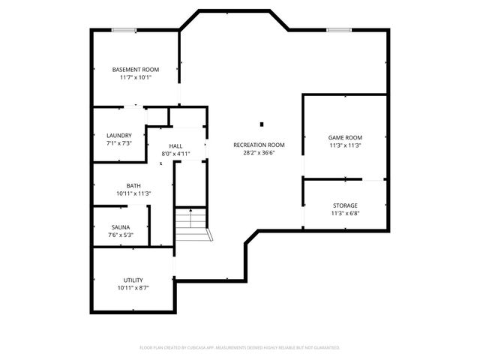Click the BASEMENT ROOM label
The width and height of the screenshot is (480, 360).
coord(136,69)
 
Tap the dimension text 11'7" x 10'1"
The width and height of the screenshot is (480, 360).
coord(136,77)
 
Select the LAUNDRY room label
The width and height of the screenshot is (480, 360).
coord(119,136)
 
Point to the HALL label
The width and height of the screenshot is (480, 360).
coord(175,145)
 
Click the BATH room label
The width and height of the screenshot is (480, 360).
coord(133,186)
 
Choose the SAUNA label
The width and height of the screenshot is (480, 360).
coord(121,226)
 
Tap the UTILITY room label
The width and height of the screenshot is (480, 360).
coord(133,280)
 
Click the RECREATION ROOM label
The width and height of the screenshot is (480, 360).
coord(259,145)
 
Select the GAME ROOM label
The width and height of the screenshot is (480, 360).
coord(345,137)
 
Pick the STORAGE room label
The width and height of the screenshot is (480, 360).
coord(345,205)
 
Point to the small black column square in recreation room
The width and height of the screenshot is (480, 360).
coord(262,124)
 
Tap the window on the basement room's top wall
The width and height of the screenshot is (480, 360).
coord(124,30)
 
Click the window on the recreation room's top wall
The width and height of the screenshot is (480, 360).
coord(339,30)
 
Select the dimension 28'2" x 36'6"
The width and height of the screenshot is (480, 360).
coord(259,153)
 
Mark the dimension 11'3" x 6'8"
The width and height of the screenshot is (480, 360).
coord(345,213)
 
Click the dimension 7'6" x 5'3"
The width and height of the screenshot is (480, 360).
coord(121,235)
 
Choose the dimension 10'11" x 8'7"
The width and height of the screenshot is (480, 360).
coord(133,288)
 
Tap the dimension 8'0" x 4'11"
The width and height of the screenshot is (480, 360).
coord(175,154)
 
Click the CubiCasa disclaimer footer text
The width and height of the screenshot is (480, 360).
coord(240,347)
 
